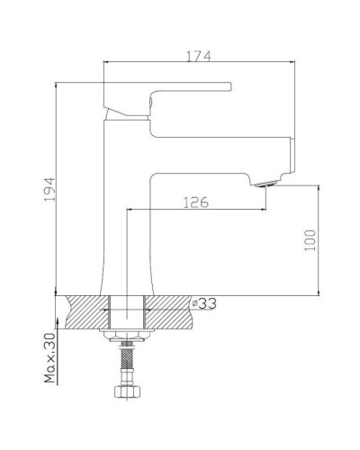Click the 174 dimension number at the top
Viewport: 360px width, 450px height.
coord(199,56)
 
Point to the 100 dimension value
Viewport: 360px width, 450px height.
coord(310,241)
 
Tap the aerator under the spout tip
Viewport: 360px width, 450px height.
coord(264,184)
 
